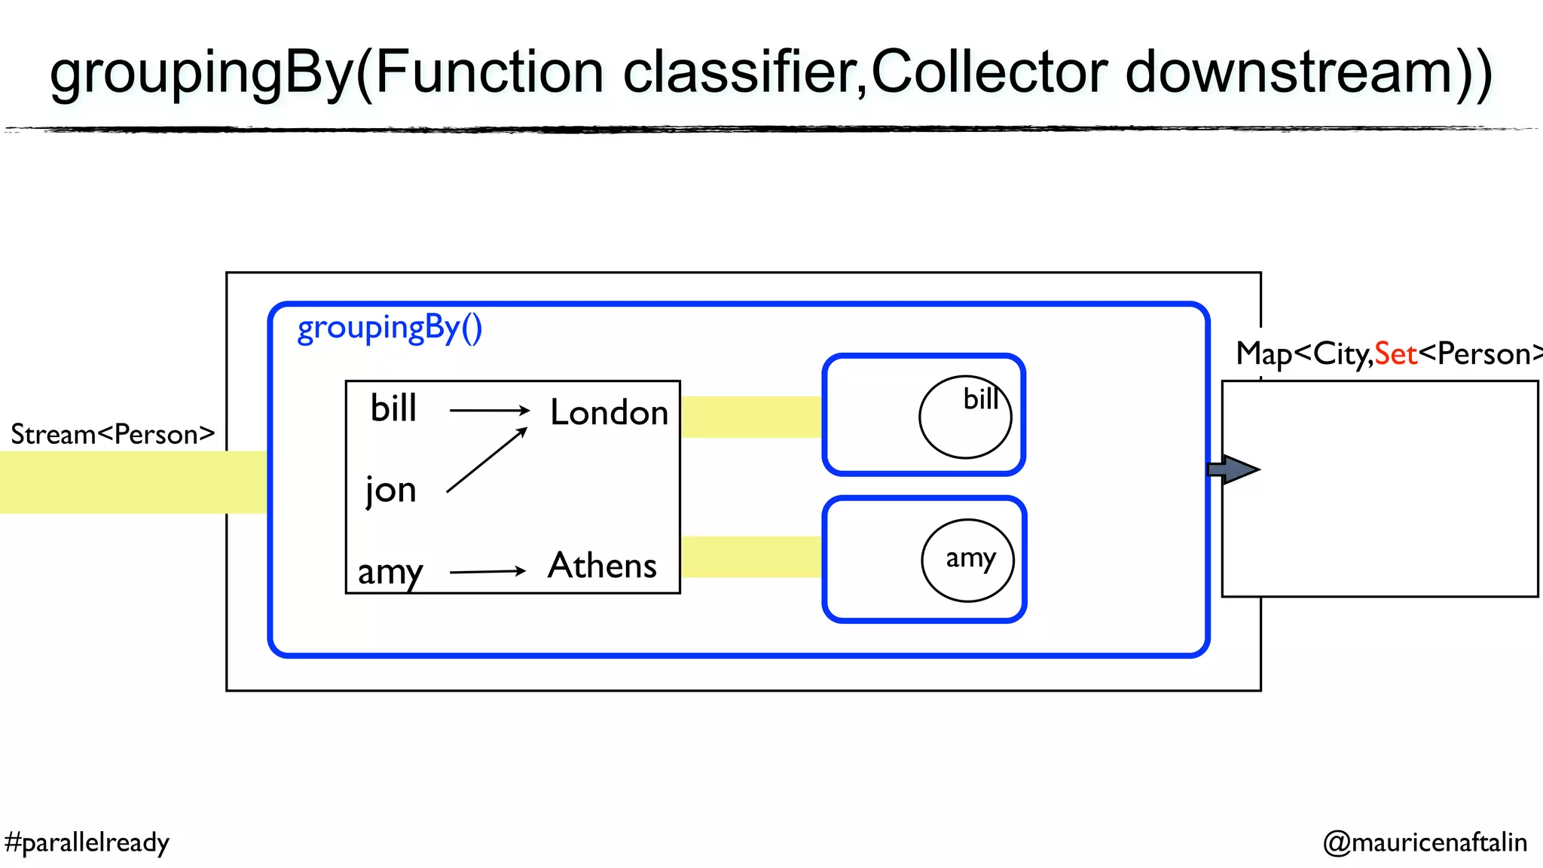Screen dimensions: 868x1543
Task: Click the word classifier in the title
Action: pos(742,72)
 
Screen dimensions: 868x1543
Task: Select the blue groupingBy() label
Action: pos(390,329)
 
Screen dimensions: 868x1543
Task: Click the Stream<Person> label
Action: pos(112,435)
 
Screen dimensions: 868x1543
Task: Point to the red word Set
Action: pos(1395,354)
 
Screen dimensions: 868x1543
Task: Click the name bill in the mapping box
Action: pos(393,408)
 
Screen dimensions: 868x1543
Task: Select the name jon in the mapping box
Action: pos(390,491)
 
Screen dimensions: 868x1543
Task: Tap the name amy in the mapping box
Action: pos(390,572)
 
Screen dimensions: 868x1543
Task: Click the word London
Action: pos(609,413)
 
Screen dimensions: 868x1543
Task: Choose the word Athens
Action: pos(602,566)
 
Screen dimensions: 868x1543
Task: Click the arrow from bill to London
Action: pos(490,410)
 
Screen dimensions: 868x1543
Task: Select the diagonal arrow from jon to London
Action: pos(486,460)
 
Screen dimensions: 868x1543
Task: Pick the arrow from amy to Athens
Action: pos(487,572)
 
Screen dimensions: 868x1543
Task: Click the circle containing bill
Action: pos(964,417)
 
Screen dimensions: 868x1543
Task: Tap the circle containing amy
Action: pos(967,561)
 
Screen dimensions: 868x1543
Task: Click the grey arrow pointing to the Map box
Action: pos(1233,469)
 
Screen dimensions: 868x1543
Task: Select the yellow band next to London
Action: pos(751,417)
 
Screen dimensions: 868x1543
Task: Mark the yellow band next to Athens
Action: pos(751,557)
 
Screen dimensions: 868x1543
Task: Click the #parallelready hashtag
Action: pos(87,842)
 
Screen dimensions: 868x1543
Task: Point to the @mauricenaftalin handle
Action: pos(1425,842)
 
